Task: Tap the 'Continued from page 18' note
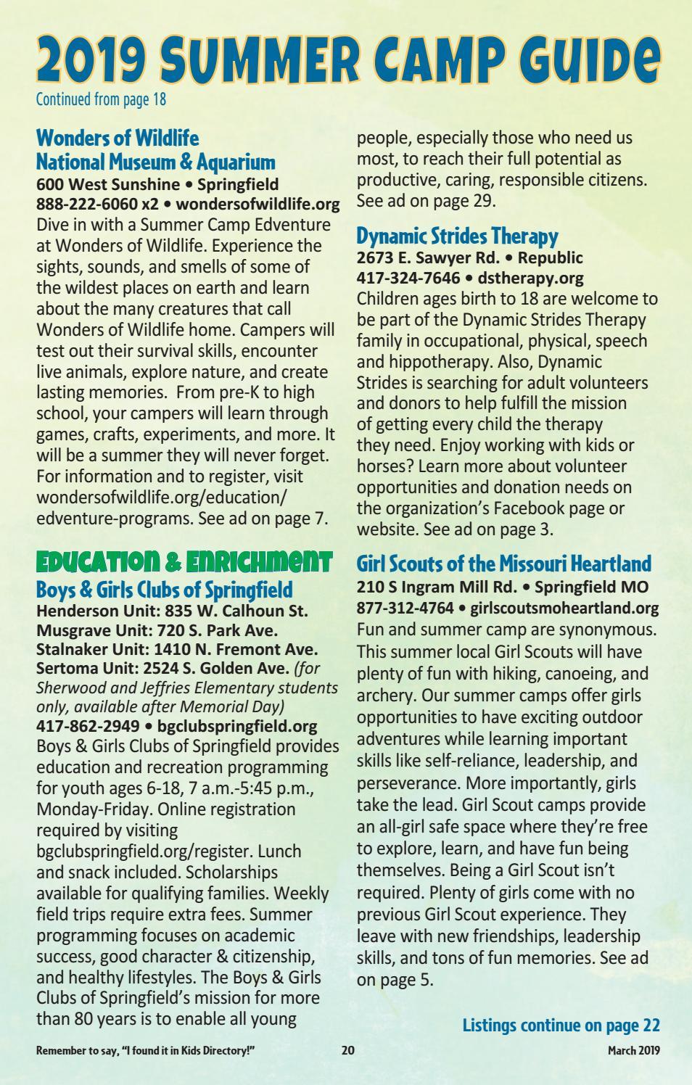pyautogui.click(x=101, y=99)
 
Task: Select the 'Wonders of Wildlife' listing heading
pyautogui.click(x=118, y=138)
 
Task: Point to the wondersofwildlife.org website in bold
pyautogui.click(x=258, y=204)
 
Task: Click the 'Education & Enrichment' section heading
pyautogui.click(x=184, y=561)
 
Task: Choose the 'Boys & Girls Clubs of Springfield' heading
pyautogui.click(x=164, y=588)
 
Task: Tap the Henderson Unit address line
pyautogui.click(x=172, y=611)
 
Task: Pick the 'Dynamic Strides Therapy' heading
pyautogui.click(x=457, y=236)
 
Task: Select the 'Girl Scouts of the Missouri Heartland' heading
pyautogui.click(x=503, y=564)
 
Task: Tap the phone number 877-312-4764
pyautogui.click(x=405, y=608)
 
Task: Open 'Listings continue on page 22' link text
pyautogui.click(x=561, y=1025)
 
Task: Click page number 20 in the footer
pyautogui.click(x=348, y=1049)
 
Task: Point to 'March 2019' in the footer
pyautogui.click(x=633, y=1049)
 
